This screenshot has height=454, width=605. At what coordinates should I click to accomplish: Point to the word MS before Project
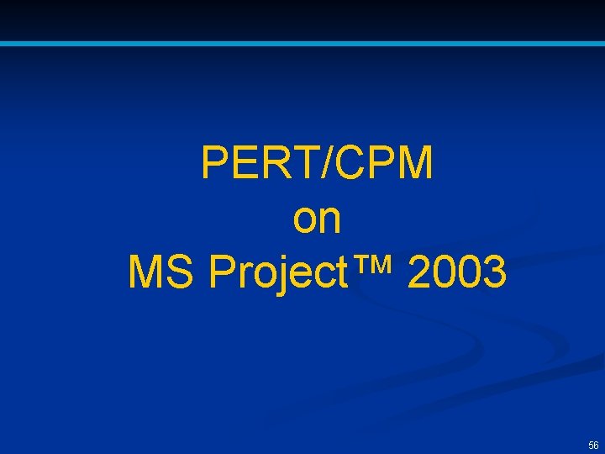click(x=164, y=272)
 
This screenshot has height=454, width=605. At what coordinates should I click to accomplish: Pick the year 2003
click(x=457, y=272)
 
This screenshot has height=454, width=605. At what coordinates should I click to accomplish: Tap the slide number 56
click(x=593, y=445)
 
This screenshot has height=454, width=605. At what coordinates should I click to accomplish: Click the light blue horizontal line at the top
click(x=302, y=43)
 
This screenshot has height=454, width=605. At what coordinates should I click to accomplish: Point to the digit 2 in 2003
click(x=420, y=272)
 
